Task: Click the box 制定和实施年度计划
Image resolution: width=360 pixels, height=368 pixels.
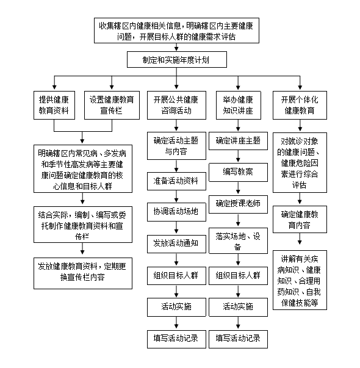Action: (177, 60)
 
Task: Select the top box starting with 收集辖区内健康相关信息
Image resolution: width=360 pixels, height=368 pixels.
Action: (176, 31)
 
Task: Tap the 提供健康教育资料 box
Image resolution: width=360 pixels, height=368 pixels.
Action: (54, 105)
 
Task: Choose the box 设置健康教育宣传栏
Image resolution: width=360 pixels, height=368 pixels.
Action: (112, 105)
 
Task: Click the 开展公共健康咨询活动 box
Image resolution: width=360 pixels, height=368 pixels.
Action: (176, 105)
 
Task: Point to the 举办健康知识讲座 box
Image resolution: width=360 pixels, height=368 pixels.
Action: (238, 105)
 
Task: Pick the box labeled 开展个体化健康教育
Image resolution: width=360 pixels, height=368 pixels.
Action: (300, 105)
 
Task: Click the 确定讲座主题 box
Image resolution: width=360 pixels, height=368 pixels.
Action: (238, 141)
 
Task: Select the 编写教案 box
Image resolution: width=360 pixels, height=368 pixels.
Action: (238, 172)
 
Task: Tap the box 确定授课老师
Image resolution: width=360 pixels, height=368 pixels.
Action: (238, 204)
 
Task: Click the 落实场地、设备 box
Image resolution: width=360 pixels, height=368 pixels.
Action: (238, 240)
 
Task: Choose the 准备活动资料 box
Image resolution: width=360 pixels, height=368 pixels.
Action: (176, 181)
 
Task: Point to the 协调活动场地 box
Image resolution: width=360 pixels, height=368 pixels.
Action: (176, 212)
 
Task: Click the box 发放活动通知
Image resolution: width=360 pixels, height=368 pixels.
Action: (176, 244)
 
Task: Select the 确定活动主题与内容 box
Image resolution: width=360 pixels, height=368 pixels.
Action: (176, 146)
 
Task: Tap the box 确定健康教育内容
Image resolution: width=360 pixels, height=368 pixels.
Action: (300, 220)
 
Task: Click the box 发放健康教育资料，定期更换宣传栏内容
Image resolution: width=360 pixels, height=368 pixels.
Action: (83, 273)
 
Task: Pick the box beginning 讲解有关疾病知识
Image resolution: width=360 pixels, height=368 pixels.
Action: (300, 280)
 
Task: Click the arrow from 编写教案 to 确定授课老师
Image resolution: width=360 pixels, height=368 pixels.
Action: (238, 189)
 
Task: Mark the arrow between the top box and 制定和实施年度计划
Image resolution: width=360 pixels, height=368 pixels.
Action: (176, 47)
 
